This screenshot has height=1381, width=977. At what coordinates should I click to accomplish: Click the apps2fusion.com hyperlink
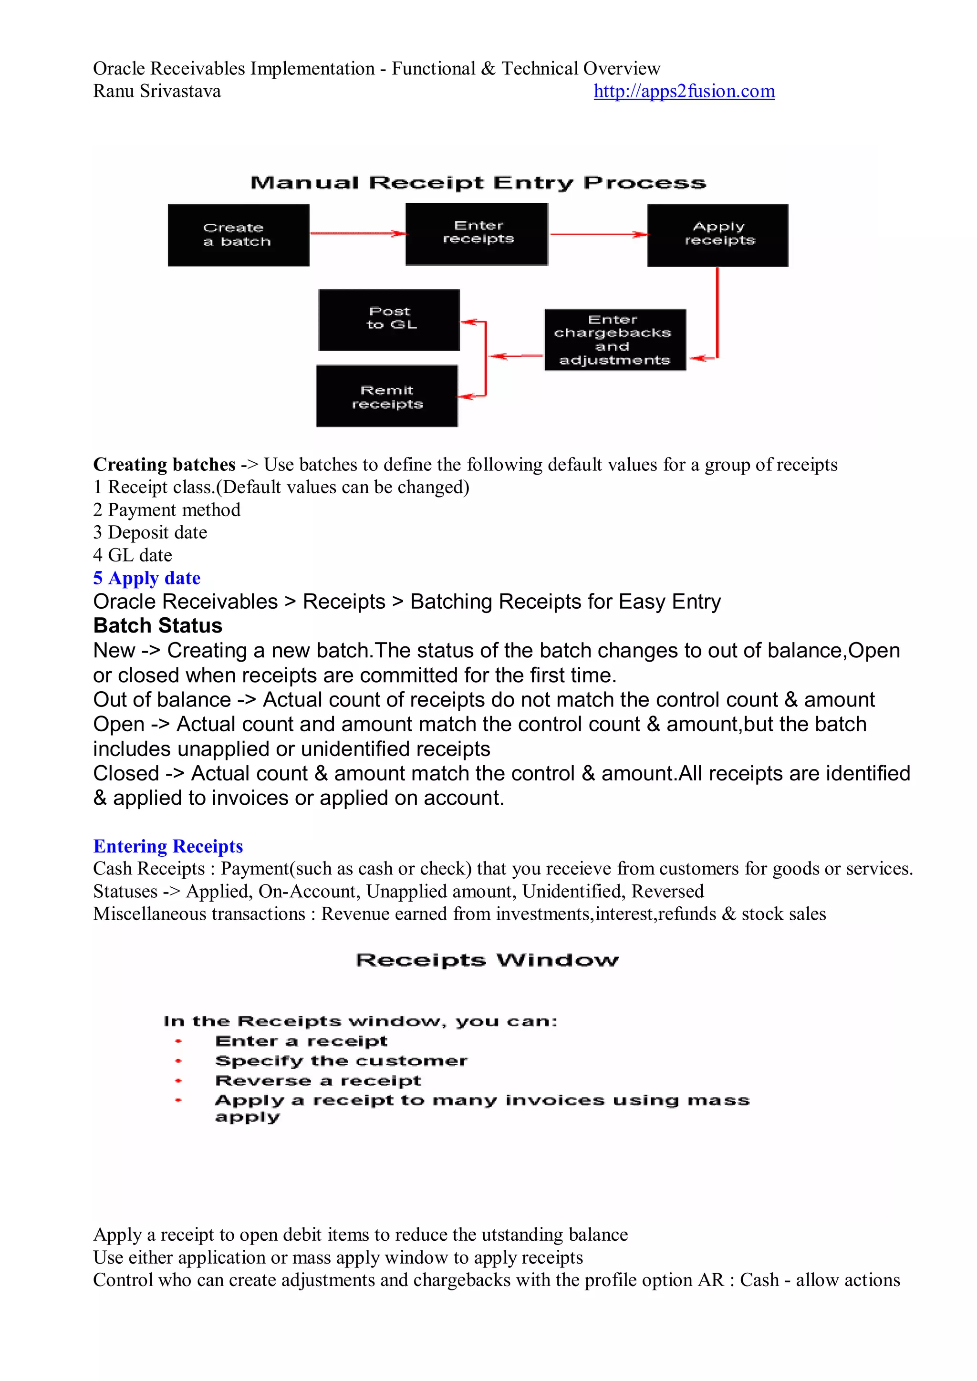pos(684,92)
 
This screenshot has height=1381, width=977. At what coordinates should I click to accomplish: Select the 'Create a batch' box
pos(238,235)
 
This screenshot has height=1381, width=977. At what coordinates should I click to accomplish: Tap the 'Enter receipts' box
pos(477,234)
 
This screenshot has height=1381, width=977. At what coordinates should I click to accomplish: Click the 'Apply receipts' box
pos(717,235)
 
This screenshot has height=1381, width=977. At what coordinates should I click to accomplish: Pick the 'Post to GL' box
pos(389,320)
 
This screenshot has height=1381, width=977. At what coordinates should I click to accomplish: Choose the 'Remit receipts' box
pos(387,396)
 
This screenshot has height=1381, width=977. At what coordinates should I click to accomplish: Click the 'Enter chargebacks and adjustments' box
pos(615,340)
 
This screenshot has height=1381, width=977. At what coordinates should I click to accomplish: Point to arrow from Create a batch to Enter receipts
pos(357,233)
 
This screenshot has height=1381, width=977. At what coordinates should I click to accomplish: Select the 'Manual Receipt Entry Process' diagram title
pos(478,183)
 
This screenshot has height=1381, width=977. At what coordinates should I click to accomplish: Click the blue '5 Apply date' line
pos(147,578)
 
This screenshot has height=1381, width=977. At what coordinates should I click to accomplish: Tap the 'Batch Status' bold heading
pos(157,625)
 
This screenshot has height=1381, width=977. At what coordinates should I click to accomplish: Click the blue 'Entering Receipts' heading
pos(168,846)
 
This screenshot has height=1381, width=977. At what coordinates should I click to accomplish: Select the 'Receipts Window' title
pos(487,960)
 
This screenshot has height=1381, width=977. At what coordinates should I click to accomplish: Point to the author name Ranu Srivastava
pos(157,92)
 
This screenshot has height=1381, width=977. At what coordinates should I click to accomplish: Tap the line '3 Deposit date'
pos(150,533)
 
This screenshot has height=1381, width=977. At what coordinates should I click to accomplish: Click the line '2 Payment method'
pos(166,510)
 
